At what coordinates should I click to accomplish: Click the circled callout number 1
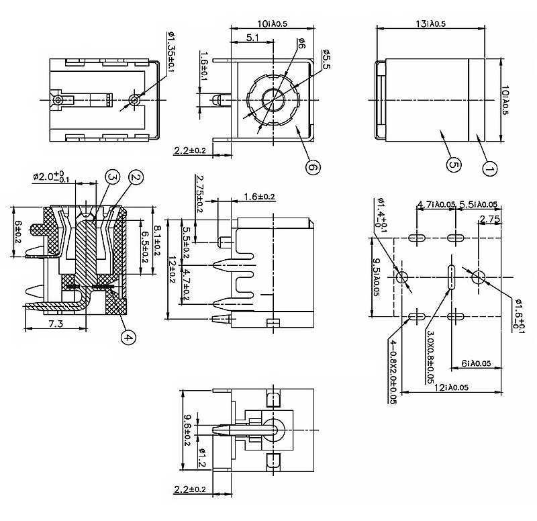coord(489,169)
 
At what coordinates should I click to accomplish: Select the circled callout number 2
coord(135,177)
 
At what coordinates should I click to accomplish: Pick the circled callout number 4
coord(128,338)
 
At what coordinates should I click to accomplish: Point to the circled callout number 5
coord(452,164)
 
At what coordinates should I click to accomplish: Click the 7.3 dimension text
coord(56,324)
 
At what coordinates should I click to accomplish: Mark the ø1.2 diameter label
coord(201,458)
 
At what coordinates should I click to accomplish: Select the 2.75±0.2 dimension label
coord(199,193)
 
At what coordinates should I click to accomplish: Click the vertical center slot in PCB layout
coord(450,277)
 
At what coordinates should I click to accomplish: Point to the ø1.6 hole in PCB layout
coord(479,277)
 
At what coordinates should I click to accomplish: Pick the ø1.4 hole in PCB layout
coord(403,277)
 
